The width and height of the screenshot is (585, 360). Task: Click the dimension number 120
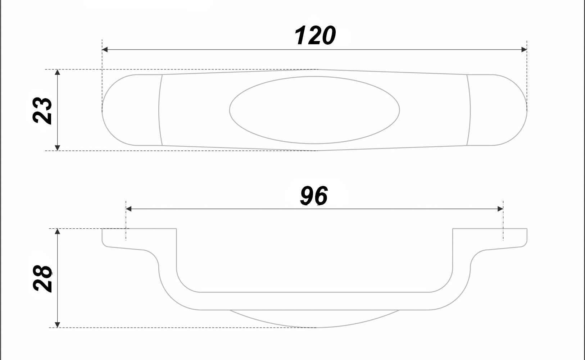(x=315, y=36)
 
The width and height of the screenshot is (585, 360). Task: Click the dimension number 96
(x=314, y=196)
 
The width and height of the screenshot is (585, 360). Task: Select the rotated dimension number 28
(x=42, y=278)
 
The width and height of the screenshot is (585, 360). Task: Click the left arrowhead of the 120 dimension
(x=105, y=50)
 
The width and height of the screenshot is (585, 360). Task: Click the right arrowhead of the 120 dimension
(x=524, y=50)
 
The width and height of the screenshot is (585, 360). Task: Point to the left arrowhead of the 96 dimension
(x=128, y=209)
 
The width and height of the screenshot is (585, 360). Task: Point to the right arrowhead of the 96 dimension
(x=500, y=209)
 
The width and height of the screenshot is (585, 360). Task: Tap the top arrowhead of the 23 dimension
(x=58, y=72)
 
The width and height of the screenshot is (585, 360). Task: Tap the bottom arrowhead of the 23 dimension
(x=58, y=148)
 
